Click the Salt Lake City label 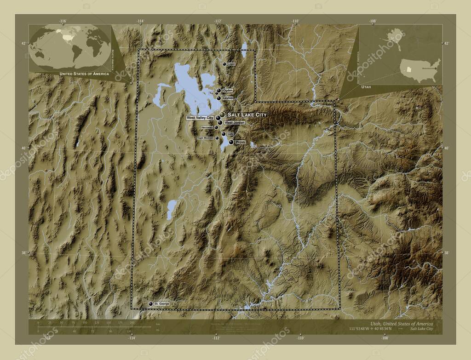coord(247,114)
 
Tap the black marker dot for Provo coord(231,143)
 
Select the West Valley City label coord(200,118)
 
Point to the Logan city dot coord(224,64)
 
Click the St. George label coord(162,304)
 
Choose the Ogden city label coord(228,91)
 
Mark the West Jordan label coord(234,123)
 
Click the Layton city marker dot coord(218,98)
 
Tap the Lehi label coord(231,134)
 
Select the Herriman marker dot coord(216,127)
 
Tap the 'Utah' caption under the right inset coord(367,86)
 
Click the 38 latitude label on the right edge coord(445,252)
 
